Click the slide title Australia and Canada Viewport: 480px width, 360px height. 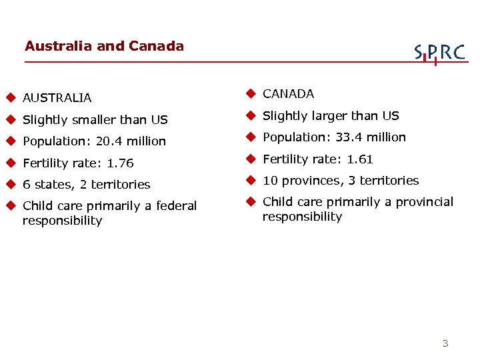[x=104, y=47]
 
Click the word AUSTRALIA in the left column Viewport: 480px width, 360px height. [x=57, y=98]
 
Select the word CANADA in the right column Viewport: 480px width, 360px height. [x=288, y=94]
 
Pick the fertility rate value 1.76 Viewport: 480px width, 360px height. [x=120, y=163]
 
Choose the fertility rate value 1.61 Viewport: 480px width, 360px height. [x=360, y=159]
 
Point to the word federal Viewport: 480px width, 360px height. [x=176, y=206]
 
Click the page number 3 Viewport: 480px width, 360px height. [x=445, y=344]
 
